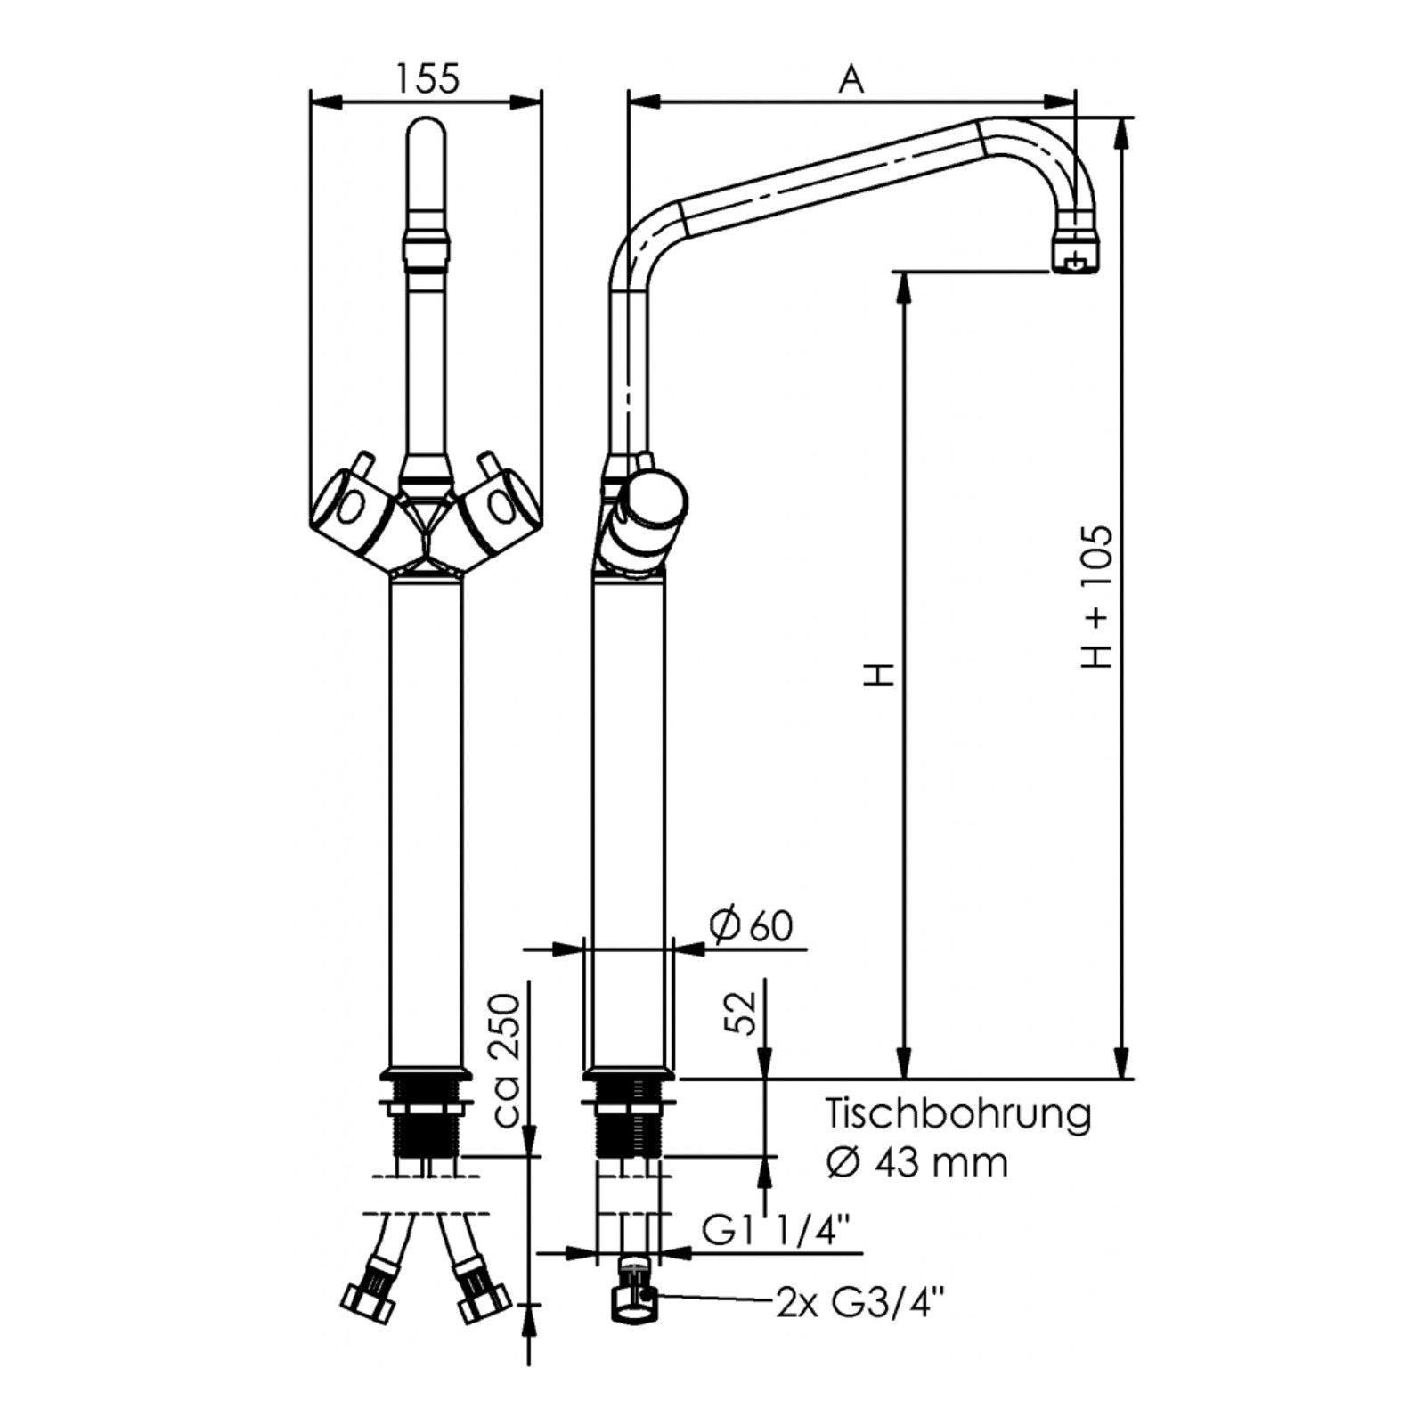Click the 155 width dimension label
coord(427,78)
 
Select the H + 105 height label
coord(1097,598)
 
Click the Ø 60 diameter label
coord(752,926)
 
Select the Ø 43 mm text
coord(917,1162)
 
